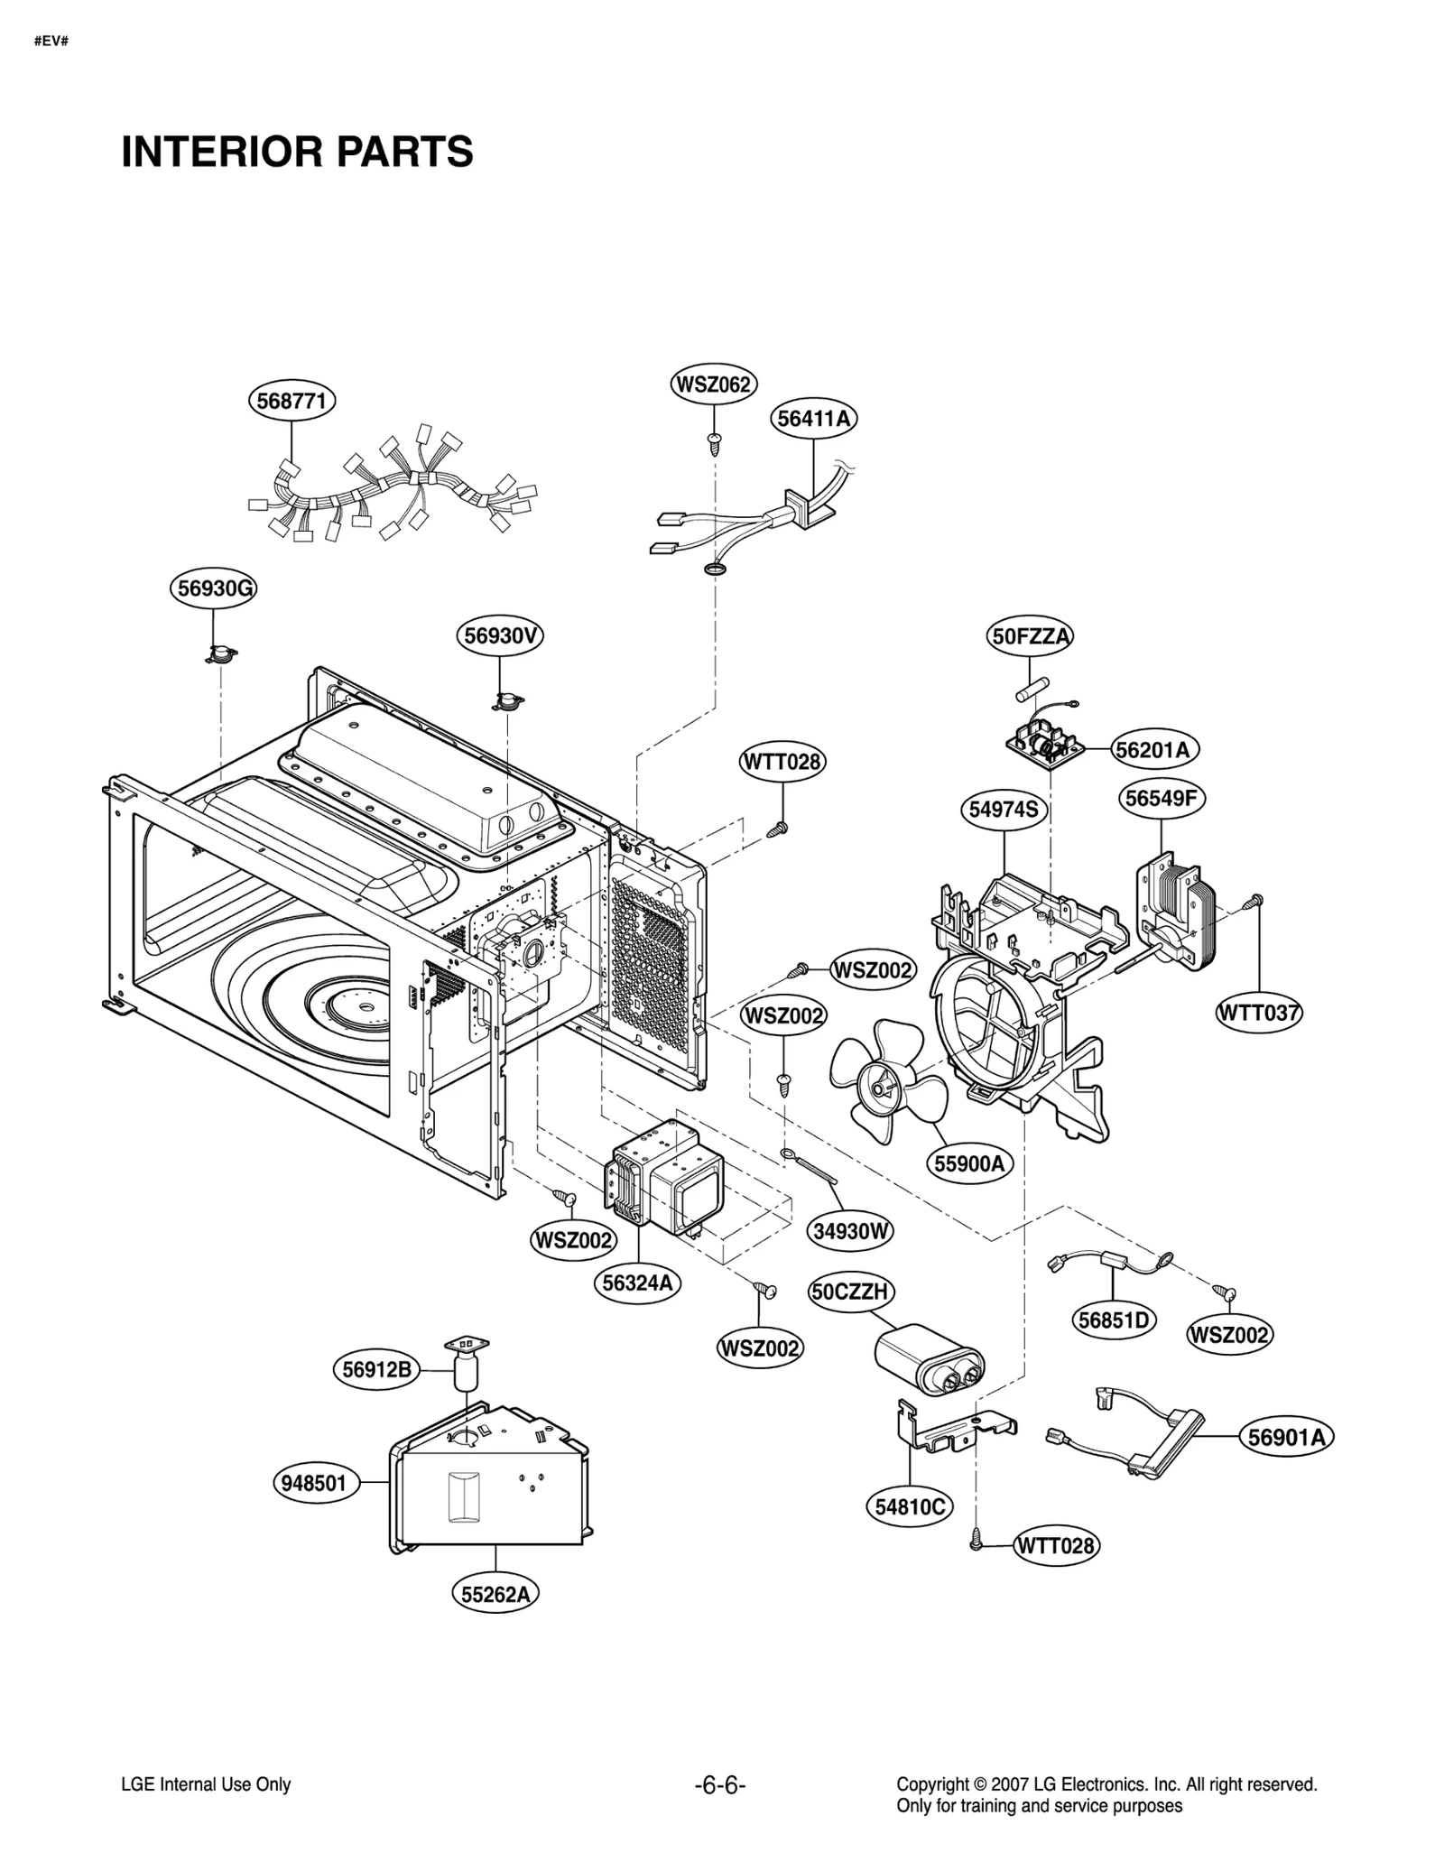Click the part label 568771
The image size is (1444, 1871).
coord(292,401)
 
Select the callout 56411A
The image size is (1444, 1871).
coord(814,419)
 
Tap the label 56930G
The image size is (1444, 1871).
coord(214,588)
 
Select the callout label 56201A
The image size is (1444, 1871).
coord(1152,749)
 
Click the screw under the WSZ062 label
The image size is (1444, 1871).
coord(714,440)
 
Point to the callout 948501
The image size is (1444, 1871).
coord(314,1483)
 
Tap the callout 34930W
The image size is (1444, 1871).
coord(850,1230)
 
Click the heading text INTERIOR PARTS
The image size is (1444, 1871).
coord(297,152)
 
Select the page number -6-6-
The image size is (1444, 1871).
coord(720,1784)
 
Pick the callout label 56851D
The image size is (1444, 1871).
coord(1115,1320)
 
